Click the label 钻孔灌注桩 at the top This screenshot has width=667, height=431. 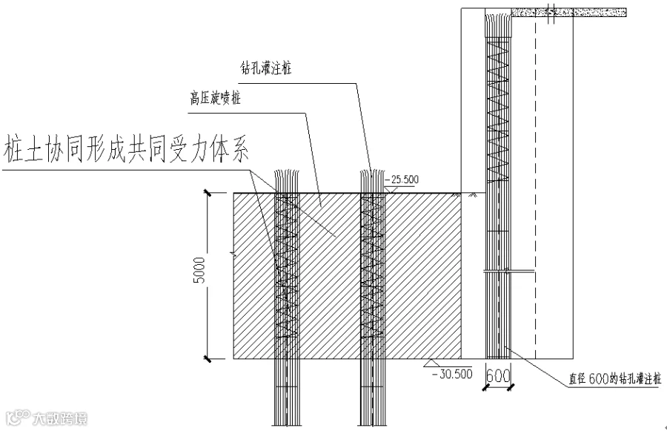click(x=266, y=68)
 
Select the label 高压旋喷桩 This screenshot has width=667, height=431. click(x=215, y=99)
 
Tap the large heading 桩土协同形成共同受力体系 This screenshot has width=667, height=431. click(x=126, y=150)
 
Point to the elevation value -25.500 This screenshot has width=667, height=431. click(x=403, y=180)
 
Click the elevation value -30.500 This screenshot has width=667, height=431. click(x=452, y=374)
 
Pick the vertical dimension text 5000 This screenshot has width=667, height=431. click(x=199, y=270)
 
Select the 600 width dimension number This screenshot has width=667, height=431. click(x=498, y=375)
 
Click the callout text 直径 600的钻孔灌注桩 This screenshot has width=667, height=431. click(x=615, y=378)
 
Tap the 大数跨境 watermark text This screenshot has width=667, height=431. click(x=60, y=418)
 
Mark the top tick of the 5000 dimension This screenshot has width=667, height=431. click(x=208, y=193)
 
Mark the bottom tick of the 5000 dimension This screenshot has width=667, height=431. click(x=208, y=358)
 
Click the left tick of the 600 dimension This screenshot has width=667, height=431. click(x=485, y=387)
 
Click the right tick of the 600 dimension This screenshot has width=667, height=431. click(x=511, y=387)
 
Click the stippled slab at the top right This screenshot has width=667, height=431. click(x=568, y=13)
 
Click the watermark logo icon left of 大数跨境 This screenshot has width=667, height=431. click(x=18, y=418)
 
